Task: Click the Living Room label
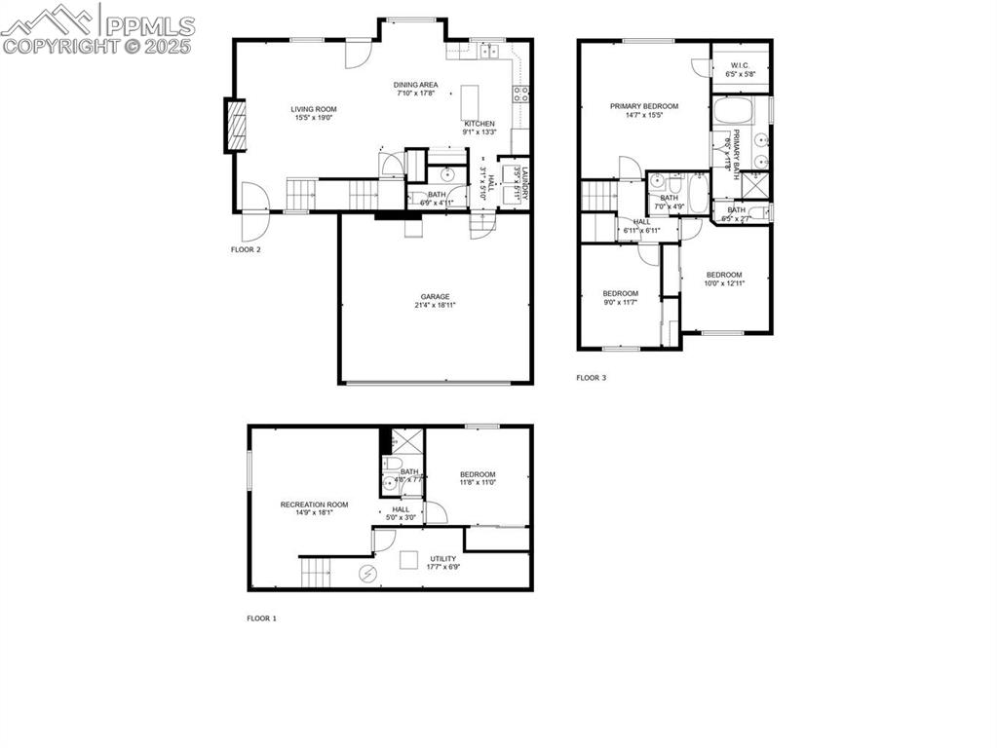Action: (x=314, y=109)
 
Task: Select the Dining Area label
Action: (x=416, y=85)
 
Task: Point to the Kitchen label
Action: (x=479, y=124)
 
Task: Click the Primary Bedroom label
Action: (x=644, y=106)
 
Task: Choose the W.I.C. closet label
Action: (x=742, y=66)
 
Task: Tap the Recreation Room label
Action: (x=314, y=505)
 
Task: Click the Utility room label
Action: (x=443, y=559)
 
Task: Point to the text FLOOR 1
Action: (x=261, y=618)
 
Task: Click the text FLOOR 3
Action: (x=591, y=378)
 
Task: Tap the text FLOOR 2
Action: (x=246, y=250)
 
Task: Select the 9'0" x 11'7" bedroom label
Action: (x=620, y=294)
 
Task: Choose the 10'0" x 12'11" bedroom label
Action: (x=724, y=275)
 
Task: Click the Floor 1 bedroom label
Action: (x=478, y=474)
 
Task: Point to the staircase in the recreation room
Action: (x=316, y=573)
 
